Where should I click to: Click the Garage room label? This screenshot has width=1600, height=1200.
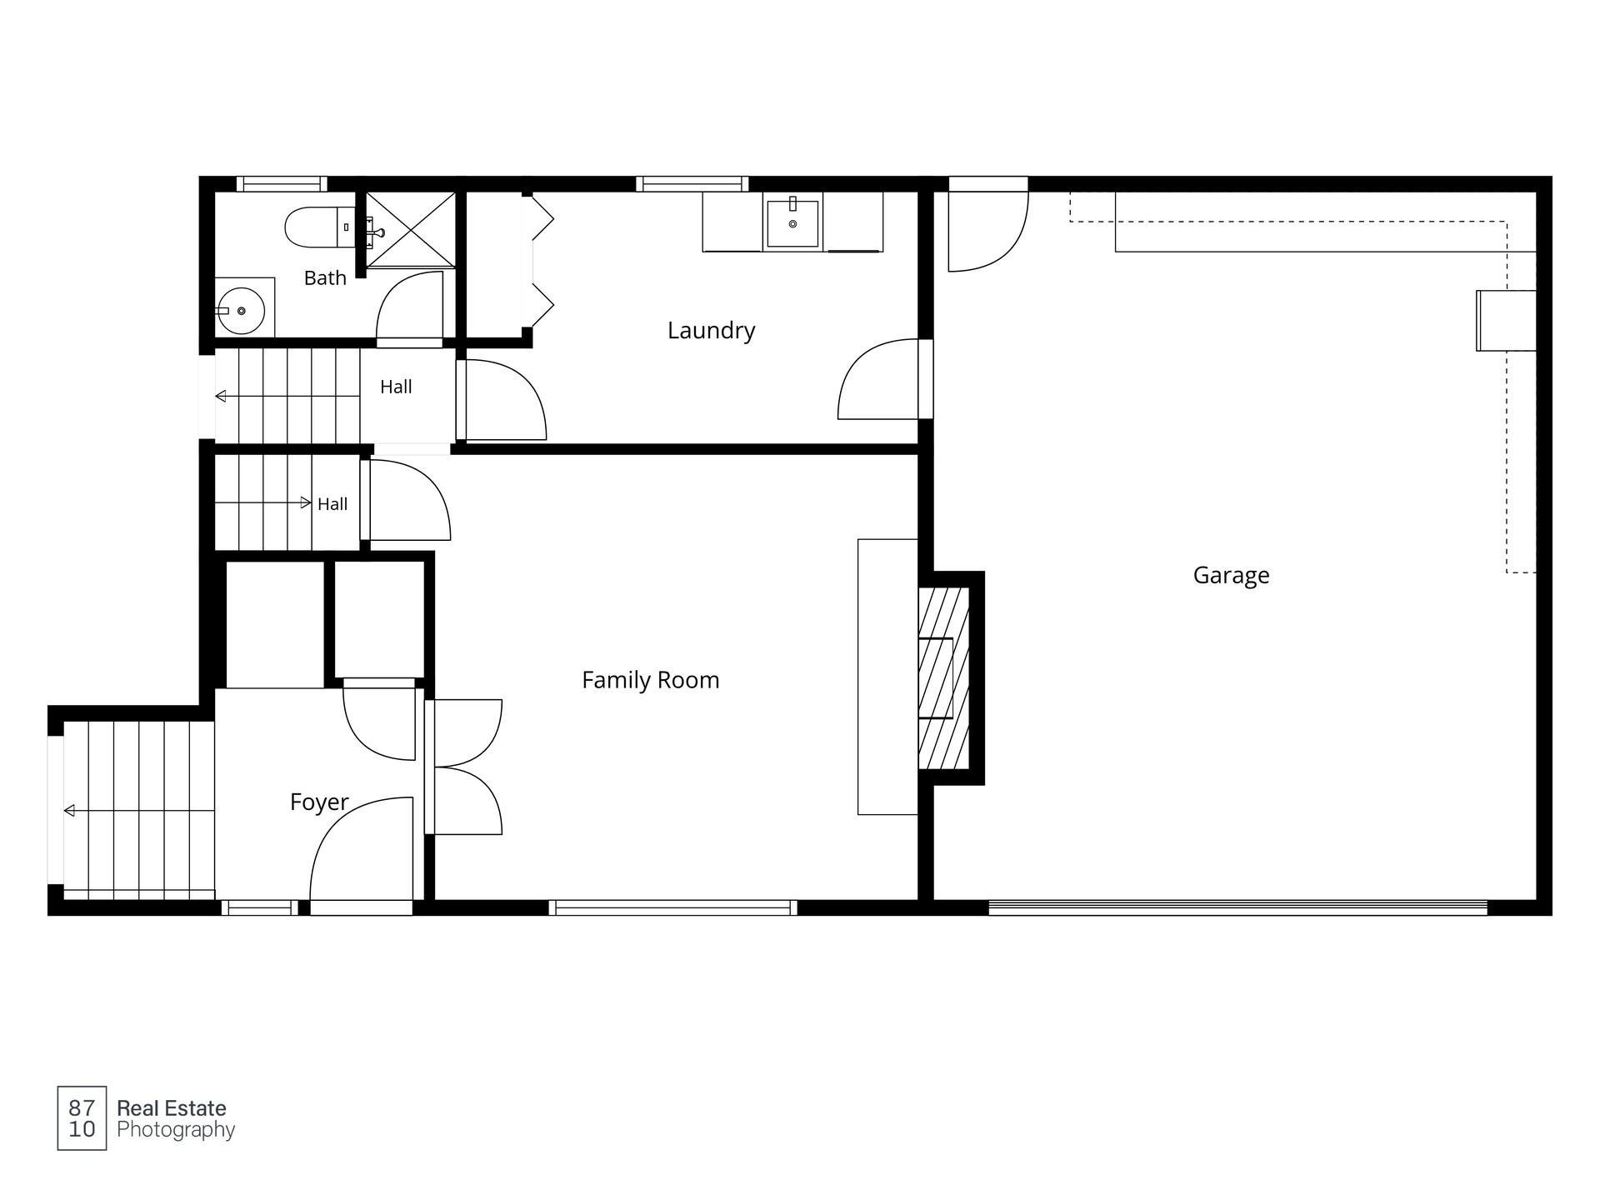click(x=1231, y=576)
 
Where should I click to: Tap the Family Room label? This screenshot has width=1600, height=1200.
click(x=650, y=680)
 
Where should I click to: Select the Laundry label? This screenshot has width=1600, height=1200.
click(x=711, y=331)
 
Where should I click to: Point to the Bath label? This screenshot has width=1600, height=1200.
click(x=325, y=277)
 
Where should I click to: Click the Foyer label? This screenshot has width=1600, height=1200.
click(x=319, y=802)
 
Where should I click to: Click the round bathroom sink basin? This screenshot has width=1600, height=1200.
click(x=241, y=311)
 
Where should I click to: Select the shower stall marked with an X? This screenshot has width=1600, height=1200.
click(x=411, y=229)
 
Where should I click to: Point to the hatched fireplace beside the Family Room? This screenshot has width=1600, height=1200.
click(x=943, y=677)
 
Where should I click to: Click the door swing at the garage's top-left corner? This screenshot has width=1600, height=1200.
click(x=988, y=232)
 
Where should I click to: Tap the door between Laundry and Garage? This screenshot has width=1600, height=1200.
click(x=883, y=378)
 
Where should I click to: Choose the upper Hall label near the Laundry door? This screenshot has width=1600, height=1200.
click(x=396, y=387)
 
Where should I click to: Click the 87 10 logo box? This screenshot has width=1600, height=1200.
click(x=82, y=1118)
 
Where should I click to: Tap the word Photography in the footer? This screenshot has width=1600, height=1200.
click(x=176, y=1130)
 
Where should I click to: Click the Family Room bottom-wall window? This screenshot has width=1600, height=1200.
click(x=672, y=907)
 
